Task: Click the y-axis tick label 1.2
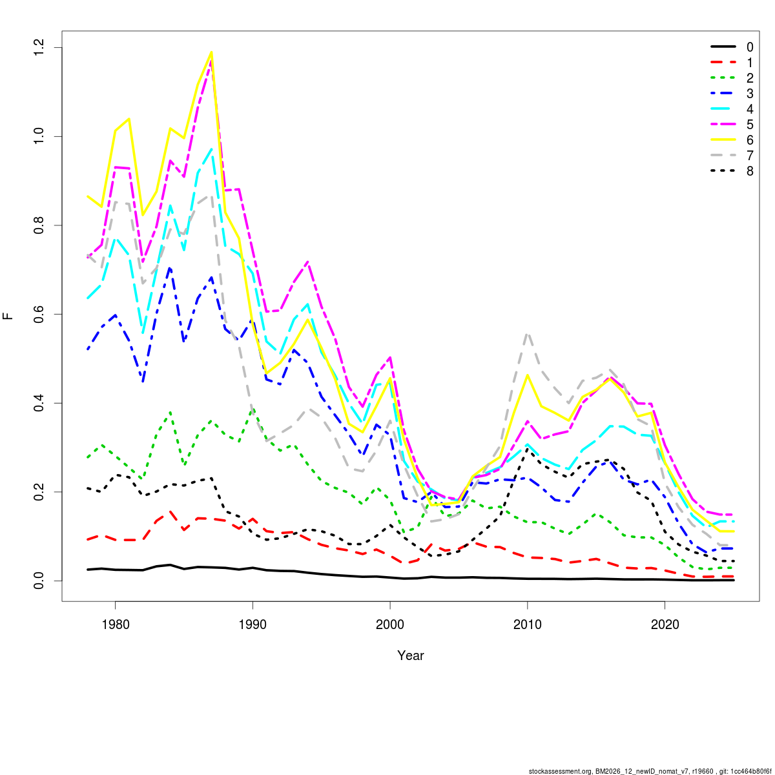(40, 48)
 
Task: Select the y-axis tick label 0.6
(40, 315)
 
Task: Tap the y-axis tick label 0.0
(40, 581)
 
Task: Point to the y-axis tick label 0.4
(40, 403)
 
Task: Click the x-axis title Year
(411, 656)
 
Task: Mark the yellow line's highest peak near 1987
(211, 52)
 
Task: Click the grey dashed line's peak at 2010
(528, 333)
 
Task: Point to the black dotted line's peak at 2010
(528, 449)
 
